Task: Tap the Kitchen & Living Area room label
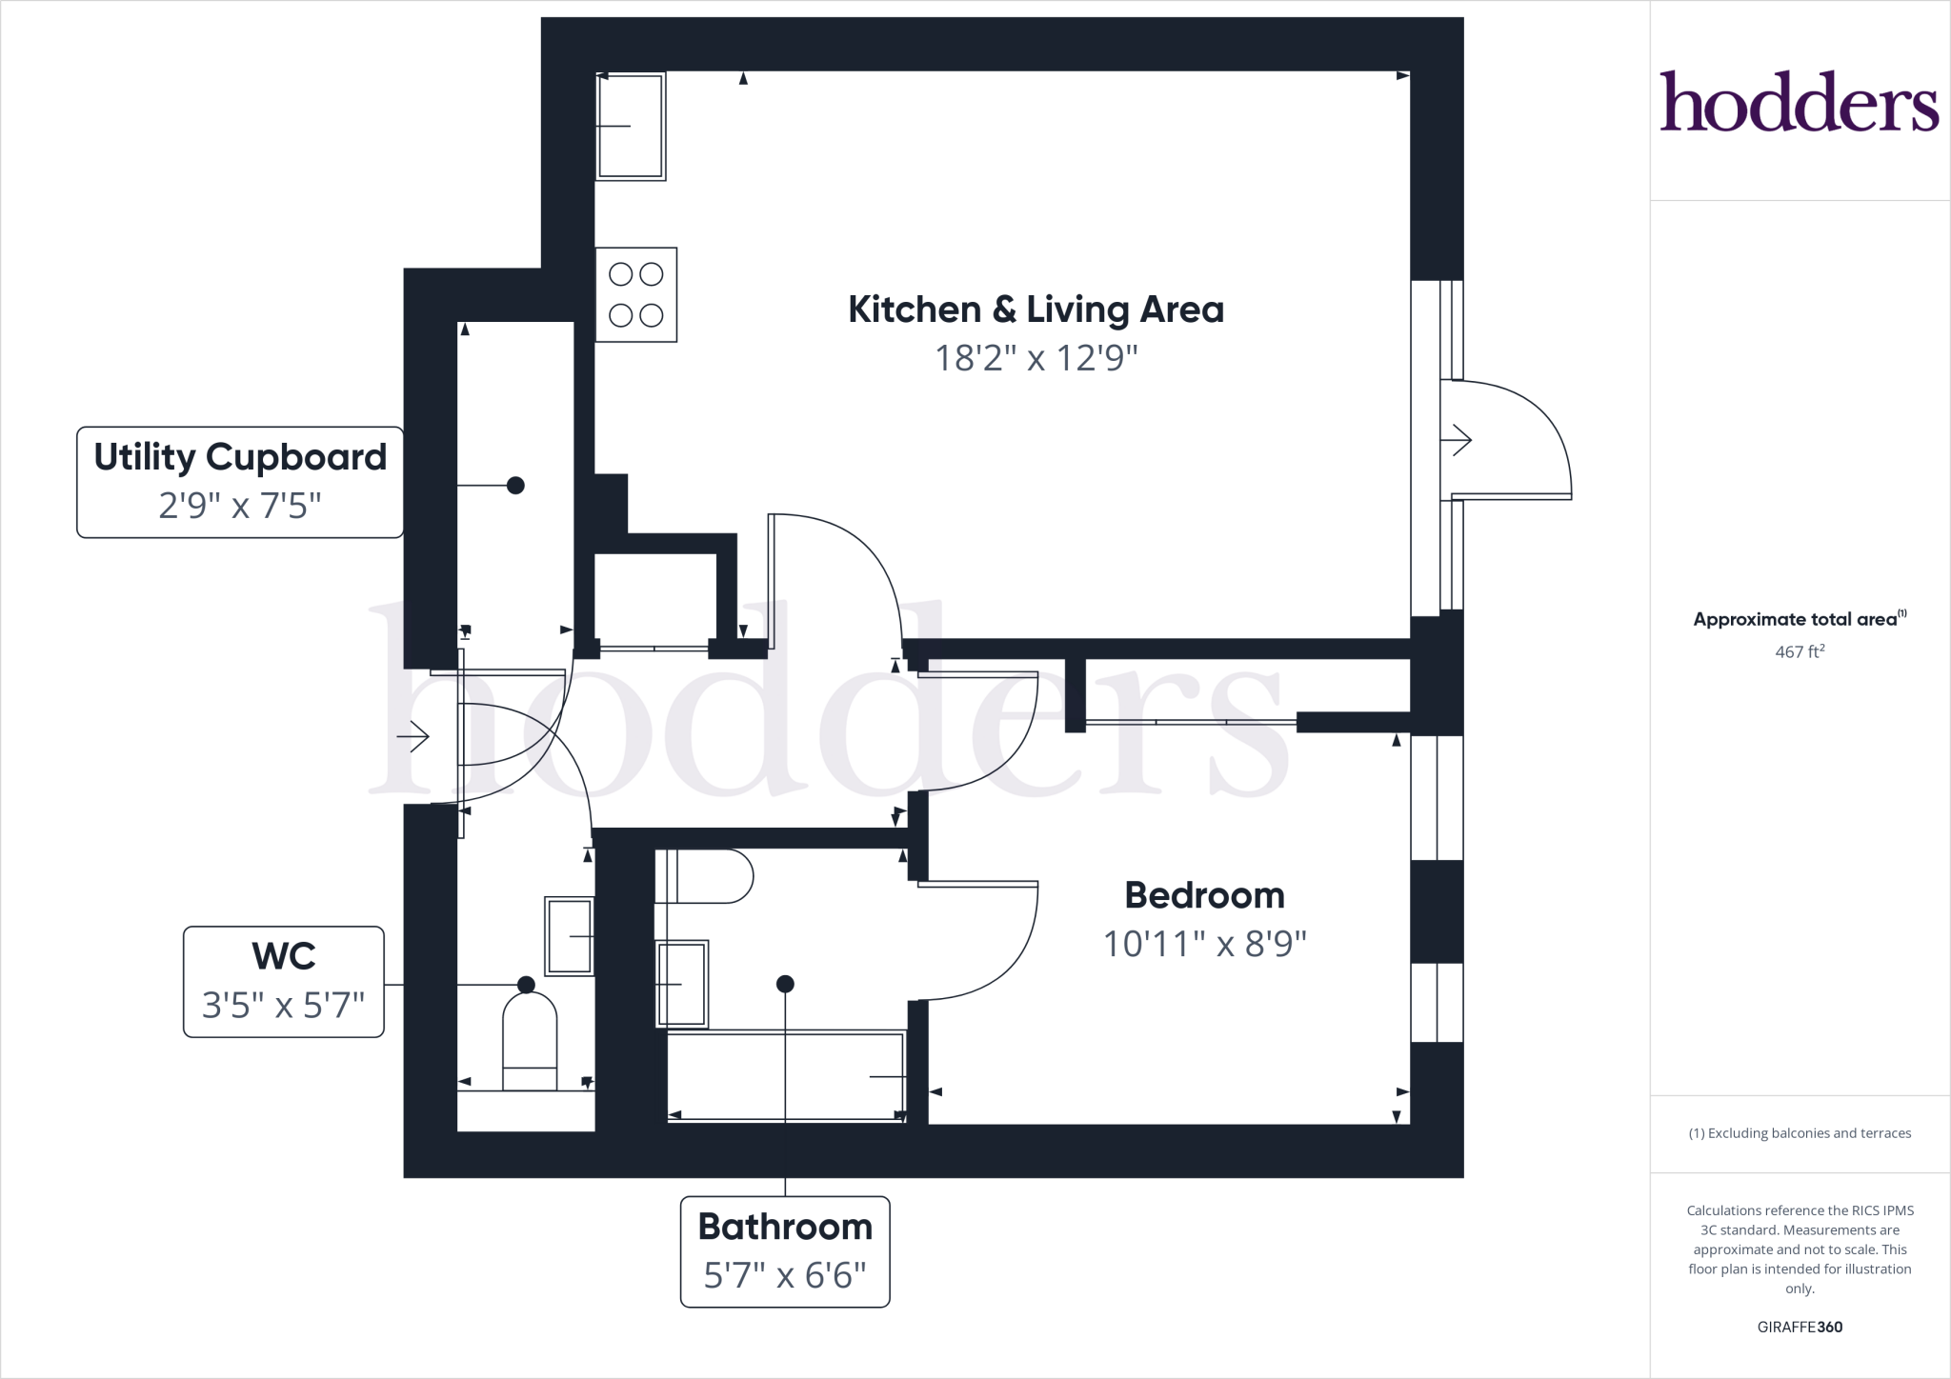point(1036,310)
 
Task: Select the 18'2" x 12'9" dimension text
point(1036,358)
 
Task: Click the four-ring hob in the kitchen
point(635,294)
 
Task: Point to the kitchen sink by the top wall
point(630,126)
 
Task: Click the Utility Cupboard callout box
point(240,482)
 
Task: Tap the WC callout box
point(284,981)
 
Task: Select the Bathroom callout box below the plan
point(785,1250)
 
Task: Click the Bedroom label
point(1204,895)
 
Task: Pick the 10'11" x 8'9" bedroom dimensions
point(1204,944)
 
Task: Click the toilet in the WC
point(530,1038)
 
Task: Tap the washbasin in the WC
point(570,935)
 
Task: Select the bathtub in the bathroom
point(785,1076)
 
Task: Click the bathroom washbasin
point(682,984)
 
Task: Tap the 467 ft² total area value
point(1799,652)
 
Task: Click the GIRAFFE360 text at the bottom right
point(1799,1327)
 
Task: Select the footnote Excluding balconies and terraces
point(1799,1133)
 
